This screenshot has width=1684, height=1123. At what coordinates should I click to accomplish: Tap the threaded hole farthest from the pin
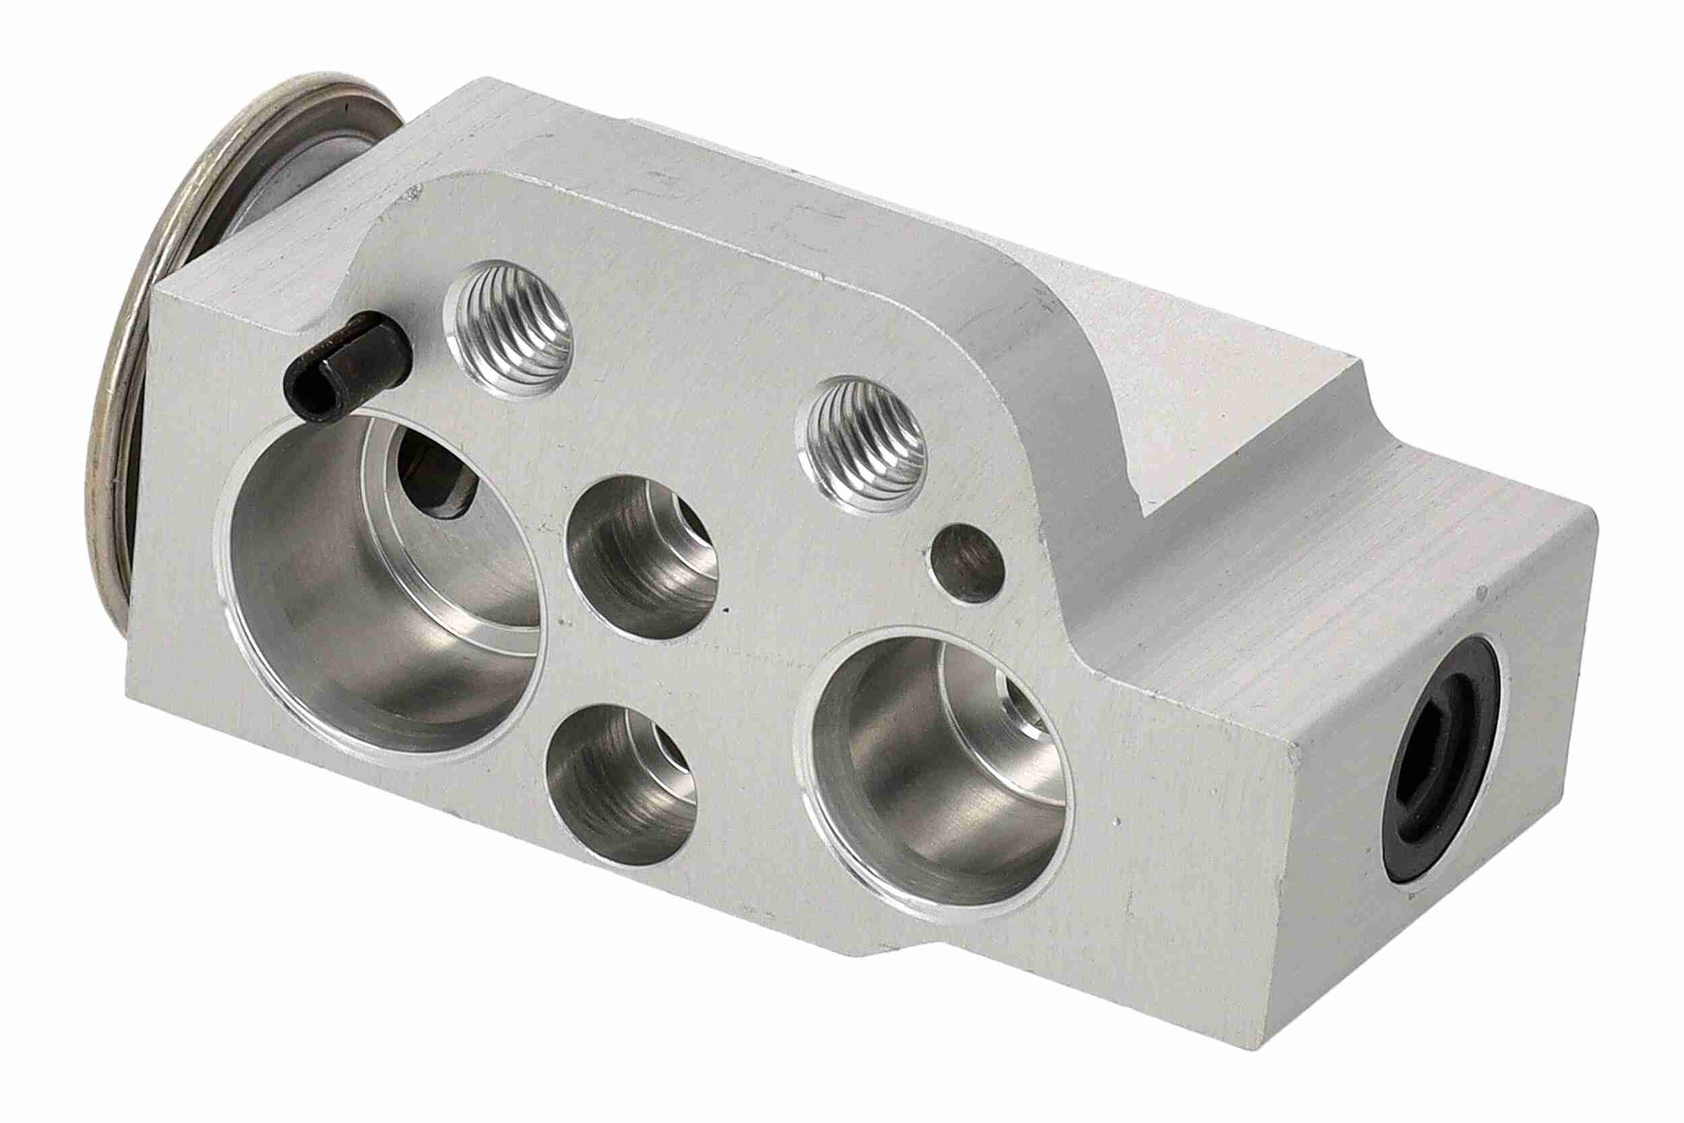[864, 445]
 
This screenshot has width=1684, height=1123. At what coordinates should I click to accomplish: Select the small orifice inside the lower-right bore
[1020, 706]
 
